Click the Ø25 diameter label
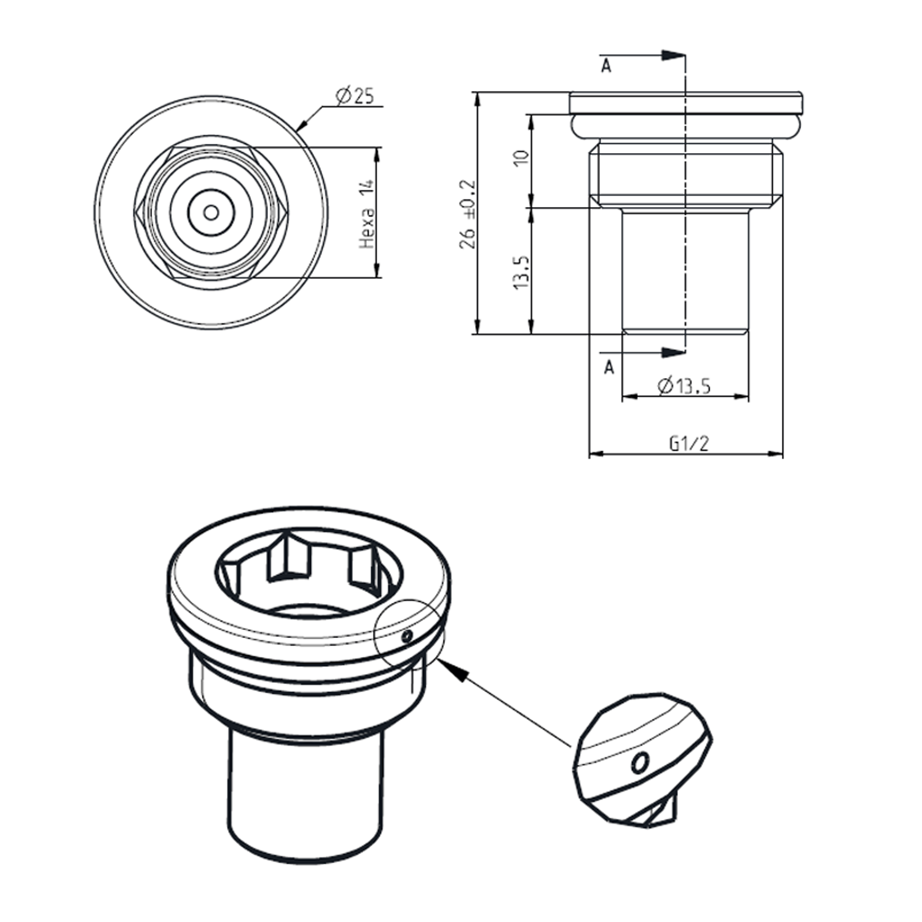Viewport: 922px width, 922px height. (355, 96)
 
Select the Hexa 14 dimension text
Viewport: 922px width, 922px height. (366, 214)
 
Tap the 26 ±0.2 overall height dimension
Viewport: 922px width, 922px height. (468, 214)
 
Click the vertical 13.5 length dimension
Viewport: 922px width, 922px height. (521, 272)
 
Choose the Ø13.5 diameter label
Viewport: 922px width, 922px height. (684, 386)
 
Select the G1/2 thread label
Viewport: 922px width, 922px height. (688, 443)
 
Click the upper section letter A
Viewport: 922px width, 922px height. (606, 66)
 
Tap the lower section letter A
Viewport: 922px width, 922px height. (609, 368)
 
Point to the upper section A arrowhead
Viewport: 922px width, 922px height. (673, 55)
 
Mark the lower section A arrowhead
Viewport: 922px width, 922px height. (673, 352)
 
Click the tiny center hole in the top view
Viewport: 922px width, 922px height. (211, 213)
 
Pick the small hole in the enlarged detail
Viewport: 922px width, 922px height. (639, 763)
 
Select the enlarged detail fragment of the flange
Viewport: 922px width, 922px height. (643, 759)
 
